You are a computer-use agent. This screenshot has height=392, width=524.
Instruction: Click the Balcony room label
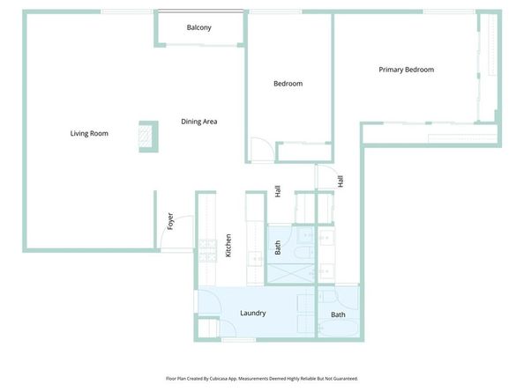click(x=198, y=28)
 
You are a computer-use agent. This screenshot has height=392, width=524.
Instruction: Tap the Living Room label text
click(x=89, y=134)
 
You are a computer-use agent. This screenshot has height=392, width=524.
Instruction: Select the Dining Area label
click(x=198, y=122)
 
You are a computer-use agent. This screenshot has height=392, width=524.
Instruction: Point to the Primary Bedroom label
click(x=406, y=70)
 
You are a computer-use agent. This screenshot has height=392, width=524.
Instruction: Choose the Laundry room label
click(x=253, y=313)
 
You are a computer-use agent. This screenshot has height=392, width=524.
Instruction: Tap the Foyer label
click(x=171, y=222)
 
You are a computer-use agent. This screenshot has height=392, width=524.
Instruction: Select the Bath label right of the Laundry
click(x=338, y=314)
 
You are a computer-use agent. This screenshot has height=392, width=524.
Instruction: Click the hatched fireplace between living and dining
click(x=146, y=136)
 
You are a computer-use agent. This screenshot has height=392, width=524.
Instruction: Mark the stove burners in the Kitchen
click(x=207, y=250)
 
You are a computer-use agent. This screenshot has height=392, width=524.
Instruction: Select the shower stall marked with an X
click(x=289, y=273)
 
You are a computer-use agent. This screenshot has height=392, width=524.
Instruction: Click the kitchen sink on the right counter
click(x=254, y=259)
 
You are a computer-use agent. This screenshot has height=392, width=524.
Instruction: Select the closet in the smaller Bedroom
click(x=303, y=151)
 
